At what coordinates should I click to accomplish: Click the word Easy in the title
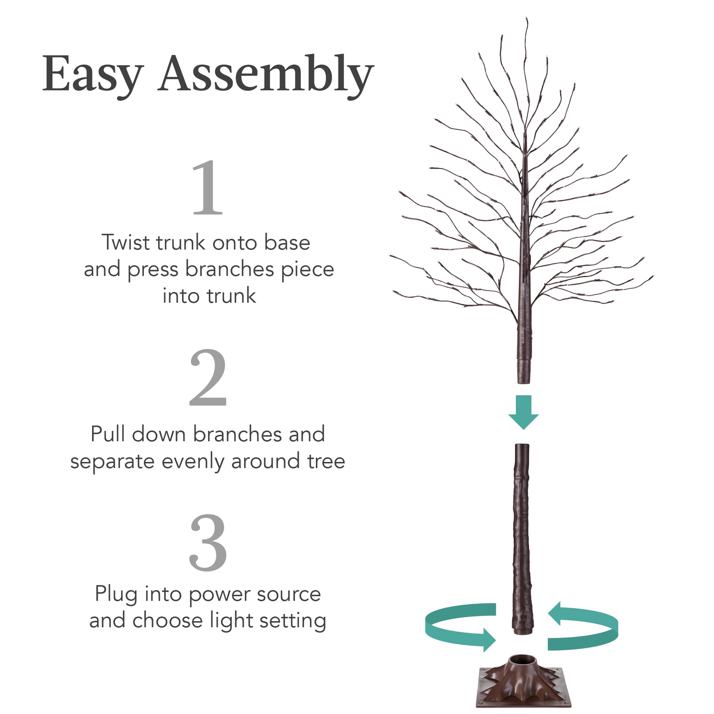(92, 74)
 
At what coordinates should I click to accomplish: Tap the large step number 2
(208, 377)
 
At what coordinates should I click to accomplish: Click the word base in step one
(287, 243)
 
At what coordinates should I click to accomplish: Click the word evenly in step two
(193, 462)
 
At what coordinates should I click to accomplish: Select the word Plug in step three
(116, 594)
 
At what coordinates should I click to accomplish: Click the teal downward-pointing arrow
(523, 411)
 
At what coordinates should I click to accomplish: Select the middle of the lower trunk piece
(522, 536)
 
